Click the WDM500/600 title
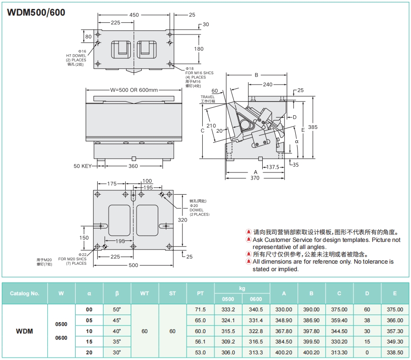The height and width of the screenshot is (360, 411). coord(36,13)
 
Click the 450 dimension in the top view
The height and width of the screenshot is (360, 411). coord(134,15)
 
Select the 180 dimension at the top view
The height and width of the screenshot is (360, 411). coord(198,49)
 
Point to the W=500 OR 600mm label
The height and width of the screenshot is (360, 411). coord(134,90)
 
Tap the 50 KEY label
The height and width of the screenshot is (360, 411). coord(82,166)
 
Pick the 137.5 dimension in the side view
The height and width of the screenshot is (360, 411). coord(272,167)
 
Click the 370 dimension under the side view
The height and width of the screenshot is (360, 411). coord(255,178)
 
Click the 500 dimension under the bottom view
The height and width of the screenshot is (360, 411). coord(134,265)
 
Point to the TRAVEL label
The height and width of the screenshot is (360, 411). coord(207,97)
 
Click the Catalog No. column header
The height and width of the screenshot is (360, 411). coord(25,293)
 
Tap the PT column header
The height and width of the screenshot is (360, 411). coord(200,293)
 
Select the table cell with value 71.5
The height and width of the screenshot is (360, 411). coord(200,309)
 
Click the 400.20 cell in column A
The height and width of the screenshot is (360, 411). coord(283,352)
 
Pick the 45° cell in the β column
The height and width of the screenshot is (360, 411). coord(117,320)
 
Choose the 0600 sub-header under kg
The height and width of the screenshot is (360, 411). coord(256,299)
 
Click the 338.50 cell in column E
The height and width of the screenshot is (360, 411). coord(394,352)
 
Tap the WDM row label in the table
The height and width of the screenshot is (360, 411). coord(25,331)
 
